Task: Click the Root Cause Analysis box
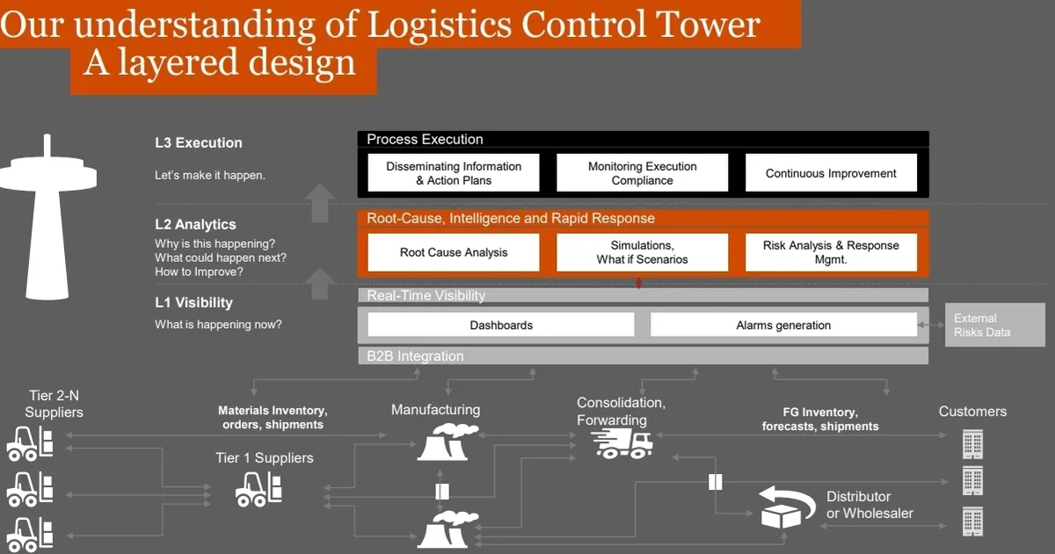pyautogui.click(x=454, y=252)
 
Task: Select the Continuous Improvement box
pyautogui.click(x=831, y=173)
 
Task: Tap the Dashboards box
pyautogui.click(x=501, y=325)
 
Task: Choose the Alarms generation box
pyautogui.click(x=783, y=325)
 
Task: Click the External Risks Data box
pyautogui.click(x=994, y=325)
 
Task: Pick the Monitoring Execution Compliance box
pyautogui.click(x=642, y=173)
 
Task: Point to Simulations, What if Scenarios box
pyautogui.click(x=642, y=252)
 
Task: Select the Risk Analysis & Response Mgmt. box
pyautogui.click(x=831, y=252)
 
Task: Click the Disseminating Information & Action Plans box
pyautogui.click(x=454, y=173)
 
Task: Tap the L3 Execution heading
pyautogui.click(x=198, y=142)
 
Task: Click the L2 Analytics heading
pyautogui.click(x=195, y=224)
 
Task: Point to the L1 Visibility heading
pyautogui.click(x=193, y=303)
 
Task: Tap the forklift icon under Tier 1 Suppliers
pyautogui.click(x=259, y=488)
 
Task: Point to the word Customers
pyautogui.click(x=972, y=411)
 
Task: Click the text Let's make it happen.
pyautogui.click(x=210, y=175)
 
